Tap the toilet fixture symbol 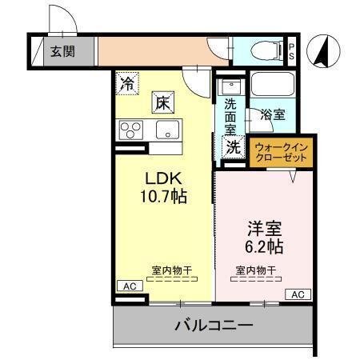pyautogui.click(x=262, y=51)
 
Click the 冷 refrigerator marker pyautogui.click(x=127, y=81)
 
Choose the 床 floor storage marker pyautogui.click(x=161, y=102)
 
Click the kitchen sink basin pyautogui.click(x=165, y=131)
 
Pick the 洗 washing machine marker pyautogui.click(x=233, y=146)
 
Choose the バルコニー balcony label pyautogui.click(x=213, y=326)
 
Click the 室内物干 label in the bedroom pyautogui.click(x=256, y=270)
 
